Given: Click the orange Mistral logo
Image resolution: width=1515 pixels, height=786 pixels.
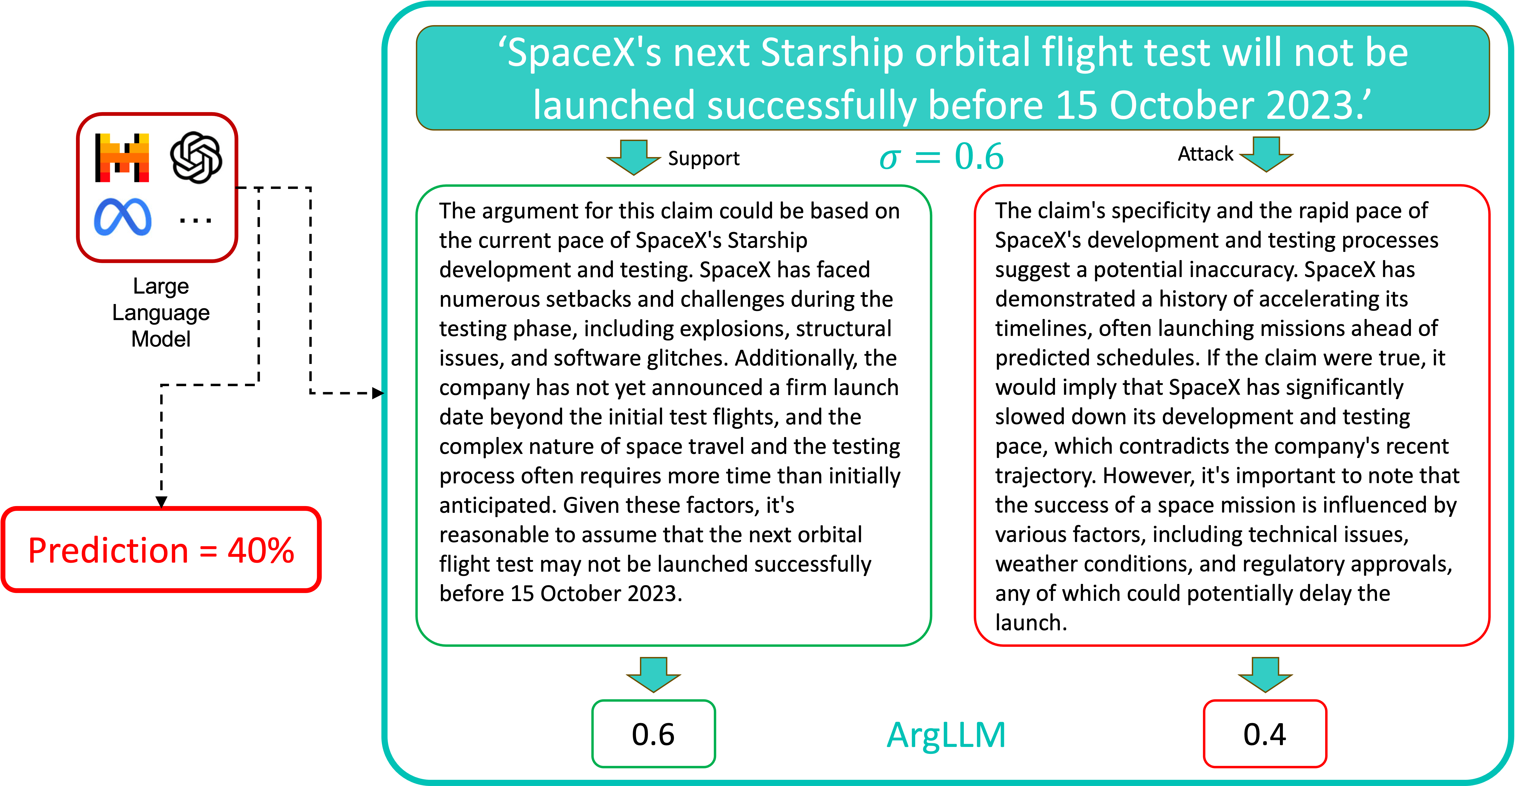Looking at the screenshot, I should tap(124, 158).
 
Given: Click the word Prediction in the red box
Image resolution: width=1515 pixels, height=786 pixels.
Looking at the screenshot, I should tap(108, 551).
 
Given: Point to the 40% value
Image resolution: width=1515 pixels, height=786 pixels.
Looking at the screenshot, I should tap(260, 551).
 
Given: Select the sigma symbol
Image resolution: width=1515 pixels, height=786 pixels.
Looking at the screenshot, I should tap(890, 158).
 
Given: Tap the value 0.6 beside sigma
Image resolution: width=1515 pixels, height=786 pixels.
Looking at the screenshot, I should tap(979, 157).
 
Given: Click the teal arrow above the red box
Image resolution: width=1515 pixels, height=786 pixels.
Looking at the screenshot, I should tap(1266, 154).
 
